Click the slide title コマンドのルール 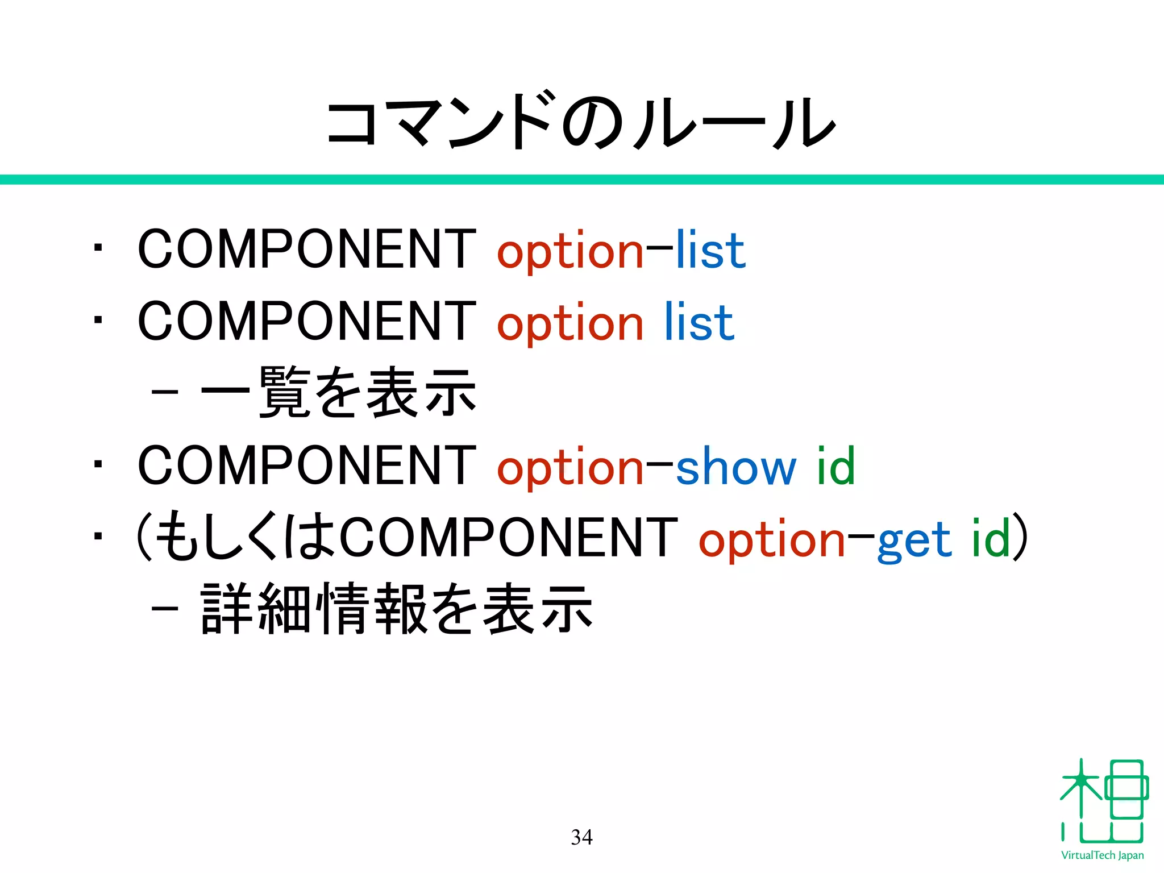[581, 120]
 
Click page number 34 [581, 837]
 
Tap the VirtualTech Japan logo [1103, 801]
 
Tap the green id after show [835, 466]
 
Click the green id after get [990, 538]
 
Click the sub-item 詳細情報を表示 [397, 609]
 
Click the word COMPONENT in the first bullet [307, 249]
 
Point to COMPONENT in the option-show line [307, 465]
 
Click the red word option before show [570, 468]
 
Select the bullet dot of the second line [98, 320]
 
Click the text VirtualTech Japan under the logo [1102, 855]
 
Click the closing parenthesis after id [1021, 537]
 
